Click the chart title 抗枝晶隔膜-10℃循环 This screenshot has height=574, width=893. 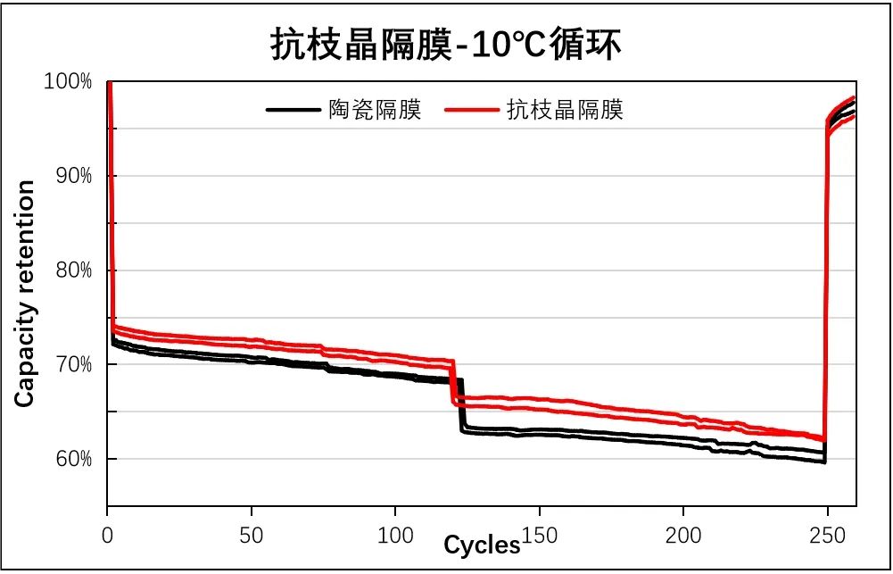coord(445,45)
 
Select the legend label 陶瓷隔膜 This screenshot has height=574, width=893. coord(375,110)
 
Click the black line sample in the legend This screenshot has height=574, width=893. coord(293,110)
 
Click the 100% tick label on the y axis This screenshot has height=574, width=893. coord(68,82)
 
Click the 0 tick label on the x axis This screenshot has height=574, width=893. coord(108,537)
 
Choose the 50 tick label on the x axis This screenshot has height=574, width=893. coord(252,537)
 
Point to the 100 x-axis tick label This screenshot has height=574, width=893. coord(395,537)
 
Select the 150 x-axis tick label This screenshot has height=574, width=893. coord(540,537)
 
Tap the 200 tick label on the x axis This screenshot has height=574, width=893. coord(683,537)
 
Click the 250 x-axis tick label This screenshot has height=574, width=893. coord(828,537)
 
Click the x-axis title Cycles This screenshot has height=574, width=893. coord(482,545)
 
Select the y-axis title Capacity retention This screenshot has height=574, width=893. coord(25,294)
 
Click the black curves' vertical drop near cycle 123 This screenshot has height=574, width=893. coord(461,406)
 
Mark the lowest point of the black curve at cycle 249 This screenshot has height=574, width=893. coord(823,462)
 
